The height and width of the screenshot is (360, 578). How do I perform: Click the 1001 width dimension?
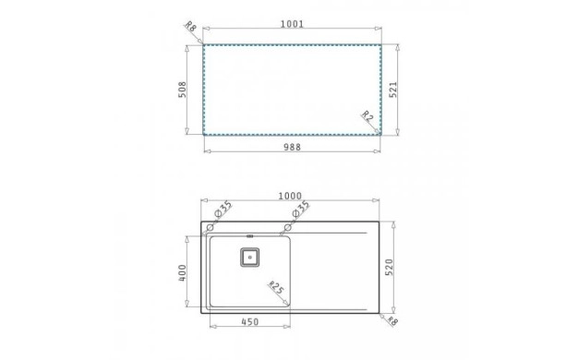[x=292, y=24]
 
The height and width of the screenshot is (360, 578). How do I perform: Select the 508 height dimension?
[x=182, y=90]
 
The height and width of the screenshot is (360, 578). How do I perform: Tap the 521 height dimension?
[x=393, y=90]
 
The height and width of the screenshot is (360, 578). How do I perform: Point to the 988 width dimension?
[x=292, y=147]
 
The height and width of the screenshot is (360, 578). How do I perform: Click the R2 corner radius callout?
[x=367, y=116]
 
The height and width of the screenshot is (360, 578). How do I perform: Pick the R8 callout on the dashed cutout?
[x=190, y=27]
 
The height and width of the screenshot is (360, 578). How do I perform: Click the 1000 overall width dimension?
[x=290, y=196]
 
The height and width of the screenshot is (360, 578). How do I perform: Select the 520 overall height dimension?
[x=390, y=267]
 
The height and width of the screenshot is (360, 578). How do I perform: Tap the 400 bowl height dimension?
[x=182, y=272]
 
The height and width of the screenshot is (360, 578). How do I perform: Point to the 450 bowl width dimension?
[x=250, y=321]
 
